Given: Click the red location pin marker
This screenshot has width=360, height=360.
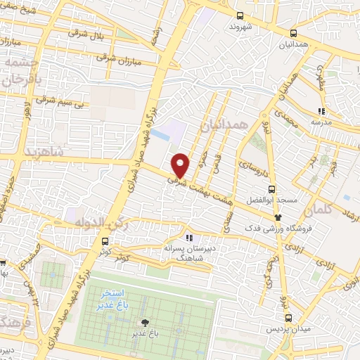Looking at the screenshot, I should coord(181,165).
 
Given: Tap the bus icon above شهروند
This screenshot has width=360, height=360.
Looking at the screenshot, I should coord(240,15).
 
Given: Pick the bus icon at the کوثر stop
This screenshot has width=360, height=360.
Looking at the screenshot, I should coord(104,241).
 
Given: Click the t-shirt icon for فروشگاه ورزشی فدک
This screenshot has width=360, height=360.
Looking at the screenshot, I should coord(278,217).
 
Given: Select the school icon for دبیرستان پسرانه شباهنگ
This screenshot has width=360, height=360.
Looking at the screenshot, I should coord(188,238).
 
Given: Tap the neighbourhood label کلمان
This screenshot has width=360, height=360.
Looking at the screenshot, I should coord(318,210).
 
